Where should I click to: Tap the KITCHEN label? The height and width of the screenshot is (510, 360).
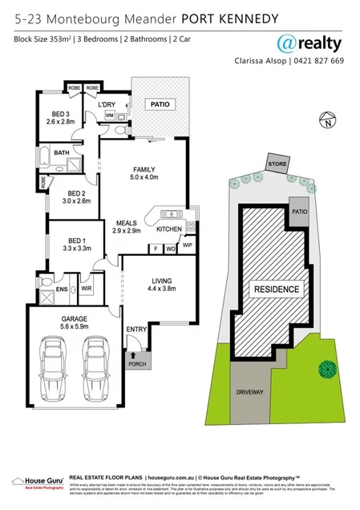[x=168, y=229]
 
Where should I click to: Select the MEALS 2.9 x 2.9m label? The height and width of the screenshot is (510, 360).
[x=128, y=227]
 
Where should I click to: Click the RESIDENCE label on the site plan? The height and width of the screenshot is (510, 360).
[x=277, y=289]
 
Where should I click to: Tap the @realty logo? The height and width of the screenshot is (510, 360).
[x=309, y=42]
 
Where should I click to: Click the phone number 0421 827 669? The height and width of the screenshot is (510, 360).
[x=318, y=61]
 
